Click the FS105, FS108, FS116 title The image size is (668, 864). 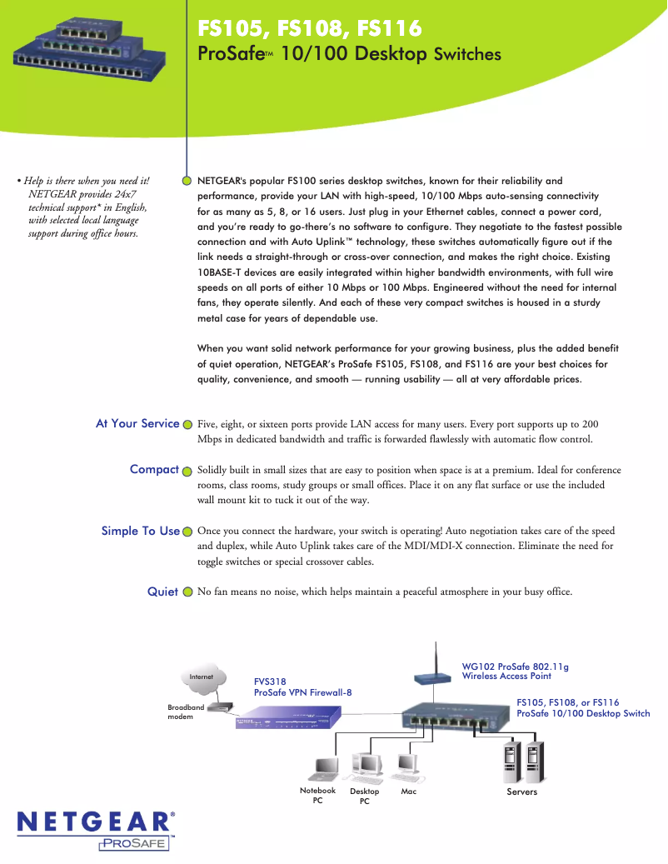pyautogui.click(x=308, y=29)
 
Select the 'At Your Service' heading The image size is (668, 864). pyautogui.click(x=137, y=423)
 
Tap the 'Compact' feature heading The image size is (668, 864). pyautogui.click(x=154, y=469)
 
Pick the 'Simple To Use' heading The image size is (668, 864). pyautogui.click(x=140, y=531)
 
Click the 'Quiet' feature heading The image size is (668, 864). pyautogui.click(x=162, y=592)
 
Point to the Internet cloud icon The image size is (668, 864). pyautogui.click(x=202, y=677)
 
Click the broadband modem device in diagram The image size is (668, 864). pyautogui.click(x=221, y=707)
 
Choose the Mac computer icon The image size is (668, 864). pyautogui.click(x=407, y=763)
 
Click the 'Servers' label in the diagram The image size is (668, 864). pyautogui.click(x=522, y=792)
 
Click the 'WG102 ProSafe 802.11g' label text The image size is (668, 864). pyautogui.click(x=515, y=667)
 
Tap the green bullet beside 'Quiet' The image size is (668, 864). pyautogui.click(x=187, y=592)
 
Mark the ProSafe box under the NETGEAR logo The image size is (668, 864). pyautogui.click(x=135, y=844)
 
